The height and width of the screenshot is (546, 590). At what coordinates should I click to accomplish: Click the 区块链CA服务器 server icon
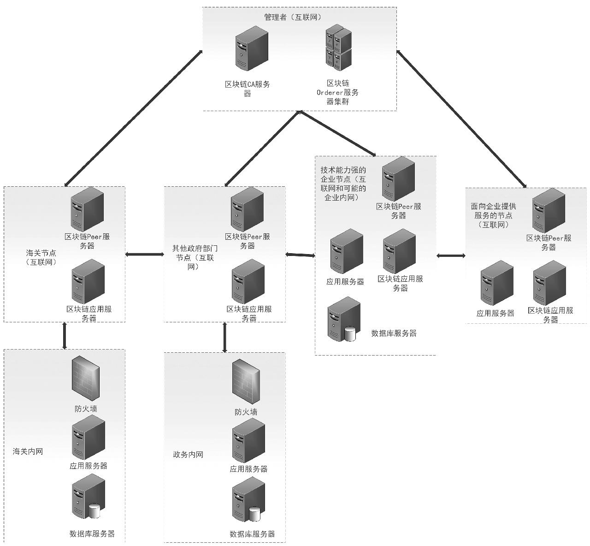click(252, 48)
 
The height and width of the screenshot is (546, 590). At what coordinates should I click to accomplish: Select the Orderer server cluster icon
click(339, 48)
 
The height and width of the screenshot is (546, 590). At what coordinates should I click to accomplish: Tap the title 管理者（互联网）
click(293, 17)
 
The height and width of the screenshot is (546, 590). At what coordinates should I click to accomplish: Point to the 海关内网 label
click(28, 451)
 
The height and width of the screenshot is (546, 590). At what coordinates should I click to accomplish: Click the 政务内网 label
click(188, 455)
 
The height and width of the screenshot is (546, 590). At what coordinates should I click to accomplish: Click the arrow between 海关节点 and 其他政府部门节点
click(145, 254)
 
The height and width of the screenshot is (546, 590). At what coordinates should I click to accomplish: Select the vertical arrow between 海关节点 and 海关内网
click(65, 335)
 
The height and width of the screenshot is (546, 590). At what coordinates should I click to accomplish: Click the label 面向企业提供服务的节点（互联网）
click(493, 215)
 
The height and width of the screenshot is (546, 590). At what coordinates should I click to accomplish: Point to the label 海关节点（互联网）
click(41, 257)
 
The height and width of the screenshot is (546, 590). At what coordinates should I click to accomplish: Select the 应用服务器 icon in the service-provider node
click(497, 283)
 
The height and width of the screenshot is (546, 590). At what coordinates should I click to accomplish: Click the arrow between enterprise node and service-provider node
click(451, 255)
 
